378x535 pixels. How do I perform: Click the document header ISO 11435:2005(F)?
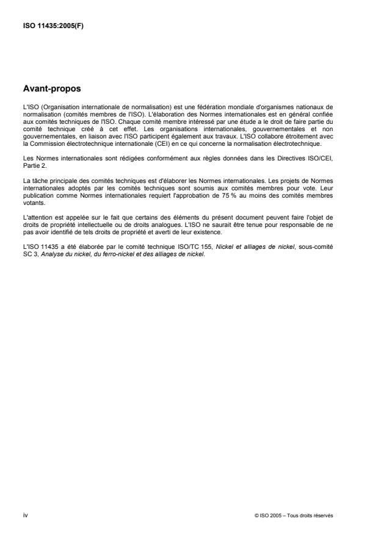pyautogui.click(x=48, y=25)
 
